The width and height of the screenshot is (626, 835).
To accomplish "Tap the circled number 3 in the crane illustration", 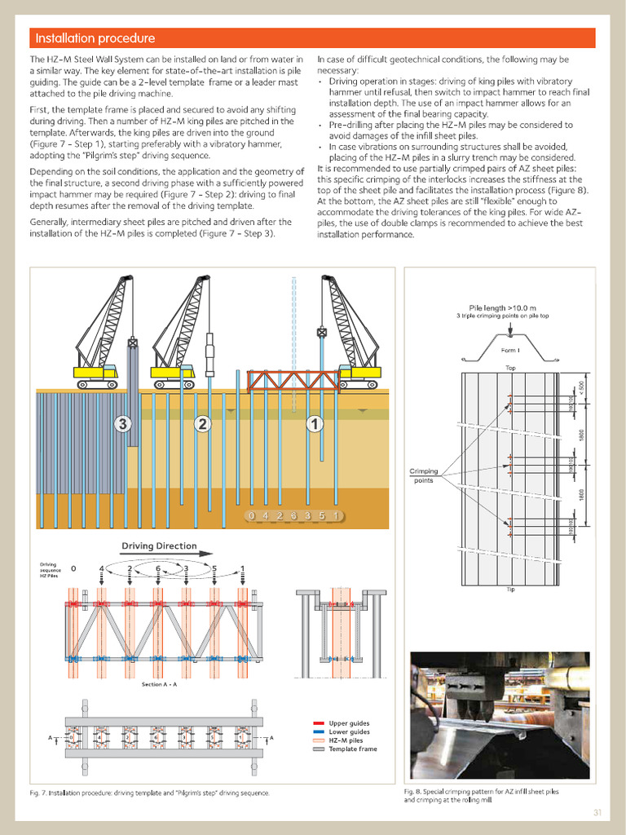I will point(123,423).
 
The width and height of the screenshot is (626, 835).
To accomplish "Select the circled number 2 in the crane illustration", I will point(202,423).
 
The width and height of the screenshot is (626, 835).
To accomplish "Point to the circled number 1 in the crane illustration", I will point(313,423).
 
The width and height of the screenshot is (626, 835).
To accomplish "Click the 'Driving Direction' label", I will point(159,546).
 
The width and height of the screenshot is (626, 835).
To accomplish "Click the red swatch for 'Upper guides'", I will point(319,723).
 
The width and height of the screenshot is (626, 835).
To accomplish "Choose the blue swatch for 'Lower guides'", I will point(319,732).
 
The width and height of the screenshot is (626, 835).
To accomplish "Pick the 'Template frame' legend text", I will point(353,749).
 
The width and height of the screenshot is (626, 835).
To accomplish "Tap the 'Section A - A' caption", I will point(159,684).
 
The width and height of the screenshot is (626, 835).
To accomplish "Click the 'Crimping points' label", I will point(424,475).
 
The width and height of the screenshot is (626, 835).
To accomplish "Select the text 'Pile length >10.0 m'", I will point(502,307).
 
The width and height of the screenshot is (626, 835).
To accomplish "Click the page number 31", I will point(597,812).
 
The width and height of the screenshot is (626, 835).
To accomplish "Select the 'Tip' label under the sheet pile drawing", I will point(510,589).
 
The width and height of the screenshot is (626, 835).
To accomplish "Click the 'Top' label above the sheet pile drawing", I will point(510,369).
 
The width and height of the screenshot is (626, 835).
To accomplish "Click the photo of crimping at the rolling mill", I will point(499,715).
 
